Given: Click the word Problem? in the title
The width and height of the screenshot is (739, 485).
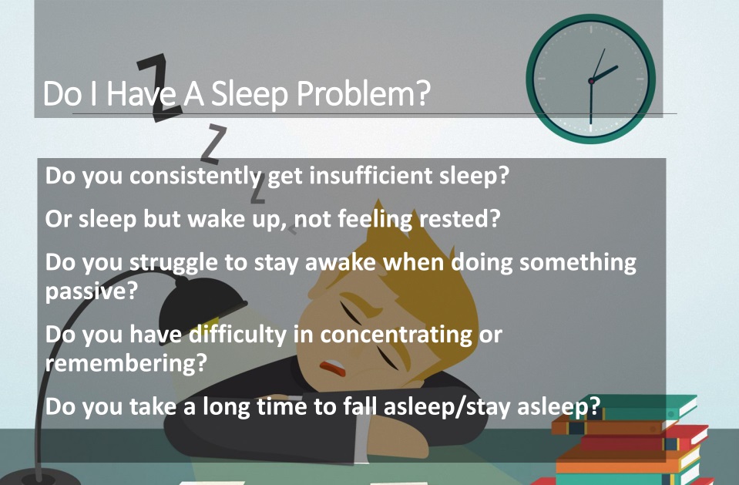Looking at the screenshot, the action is (x=364, y=94).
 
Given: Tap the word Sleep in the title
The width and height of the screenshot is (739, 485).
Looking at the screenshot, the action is (x=249, y=94).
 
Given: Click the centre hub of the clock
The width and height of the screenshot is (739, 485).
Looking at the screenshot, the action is (x=591, y=81).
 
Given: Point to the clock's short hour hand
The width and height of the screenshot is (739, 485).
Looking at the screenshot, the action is (x=604, y=73).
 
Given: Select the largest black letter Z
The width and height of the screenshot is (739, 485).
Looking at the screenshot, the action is (x=160, y=87).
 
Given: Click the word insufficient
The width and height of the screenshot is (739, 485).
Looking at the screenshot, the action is (x=371, y=176).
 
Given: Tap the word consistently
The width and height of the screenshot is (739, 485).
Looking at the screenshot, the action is (x=195, y=177).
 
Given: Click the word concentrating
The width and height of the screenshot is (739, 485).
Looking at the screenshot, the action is (x=396, y=335).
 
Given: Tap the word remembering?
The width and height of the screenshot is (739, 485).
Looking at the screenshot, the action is (x=126, y=363).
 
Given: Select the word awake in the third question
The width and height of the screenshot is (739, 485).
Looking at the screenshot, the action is (x=341, y=262).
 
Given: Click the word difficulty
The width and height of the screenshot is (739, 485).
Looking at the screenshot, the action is (x=237, y=335).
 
